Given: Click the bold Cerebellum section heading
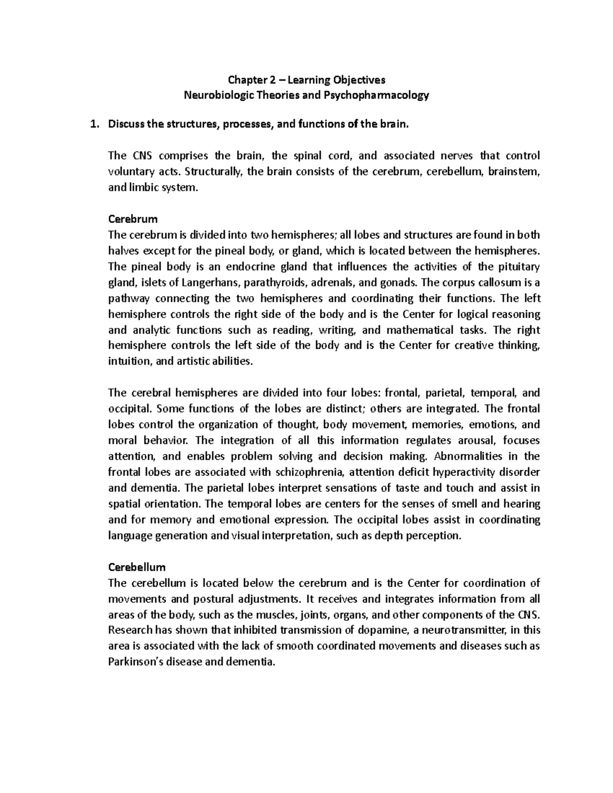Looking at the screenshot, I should pos(137,567).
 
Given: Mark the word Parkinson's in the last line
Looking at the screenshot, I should pos(133,662).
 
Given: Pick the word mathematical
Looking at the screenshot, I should pos(416,330).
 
